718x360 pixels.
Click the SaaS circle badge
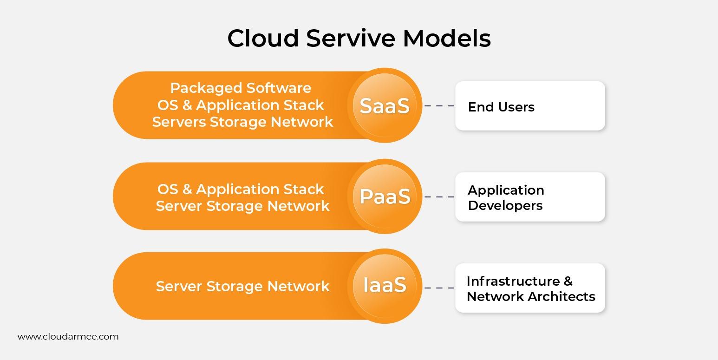point(385,105)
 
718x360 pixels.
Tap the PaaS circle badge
point(385,196)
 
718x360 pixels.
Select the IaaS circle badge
point(385,286)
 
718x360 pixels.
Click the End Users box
point(530,106)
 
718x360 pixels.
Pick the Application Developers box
point(530,197)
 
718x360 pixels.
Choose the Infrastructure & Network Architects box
point(530,288)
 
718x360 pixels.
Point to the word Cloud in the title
point(263,38)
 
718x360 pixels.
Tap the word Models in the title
point(447,38)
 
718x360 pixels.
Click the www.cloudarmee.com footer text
point(68,337)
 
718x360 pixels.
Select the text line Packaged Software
point(241,88)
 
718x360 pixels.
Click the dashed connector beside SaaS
point(439,106)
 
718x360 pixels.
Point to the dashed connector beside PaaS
point(439,197)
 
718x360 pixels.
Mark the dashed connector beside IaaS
point(439,288)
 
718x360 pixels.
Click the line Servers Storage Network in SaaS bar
point(242,122)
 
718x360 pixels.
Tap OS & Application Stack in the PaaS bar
point(241,189)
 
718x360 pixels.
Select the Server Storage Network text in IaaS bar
point(242,286)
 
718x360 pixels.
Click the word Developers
point(505,205)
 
